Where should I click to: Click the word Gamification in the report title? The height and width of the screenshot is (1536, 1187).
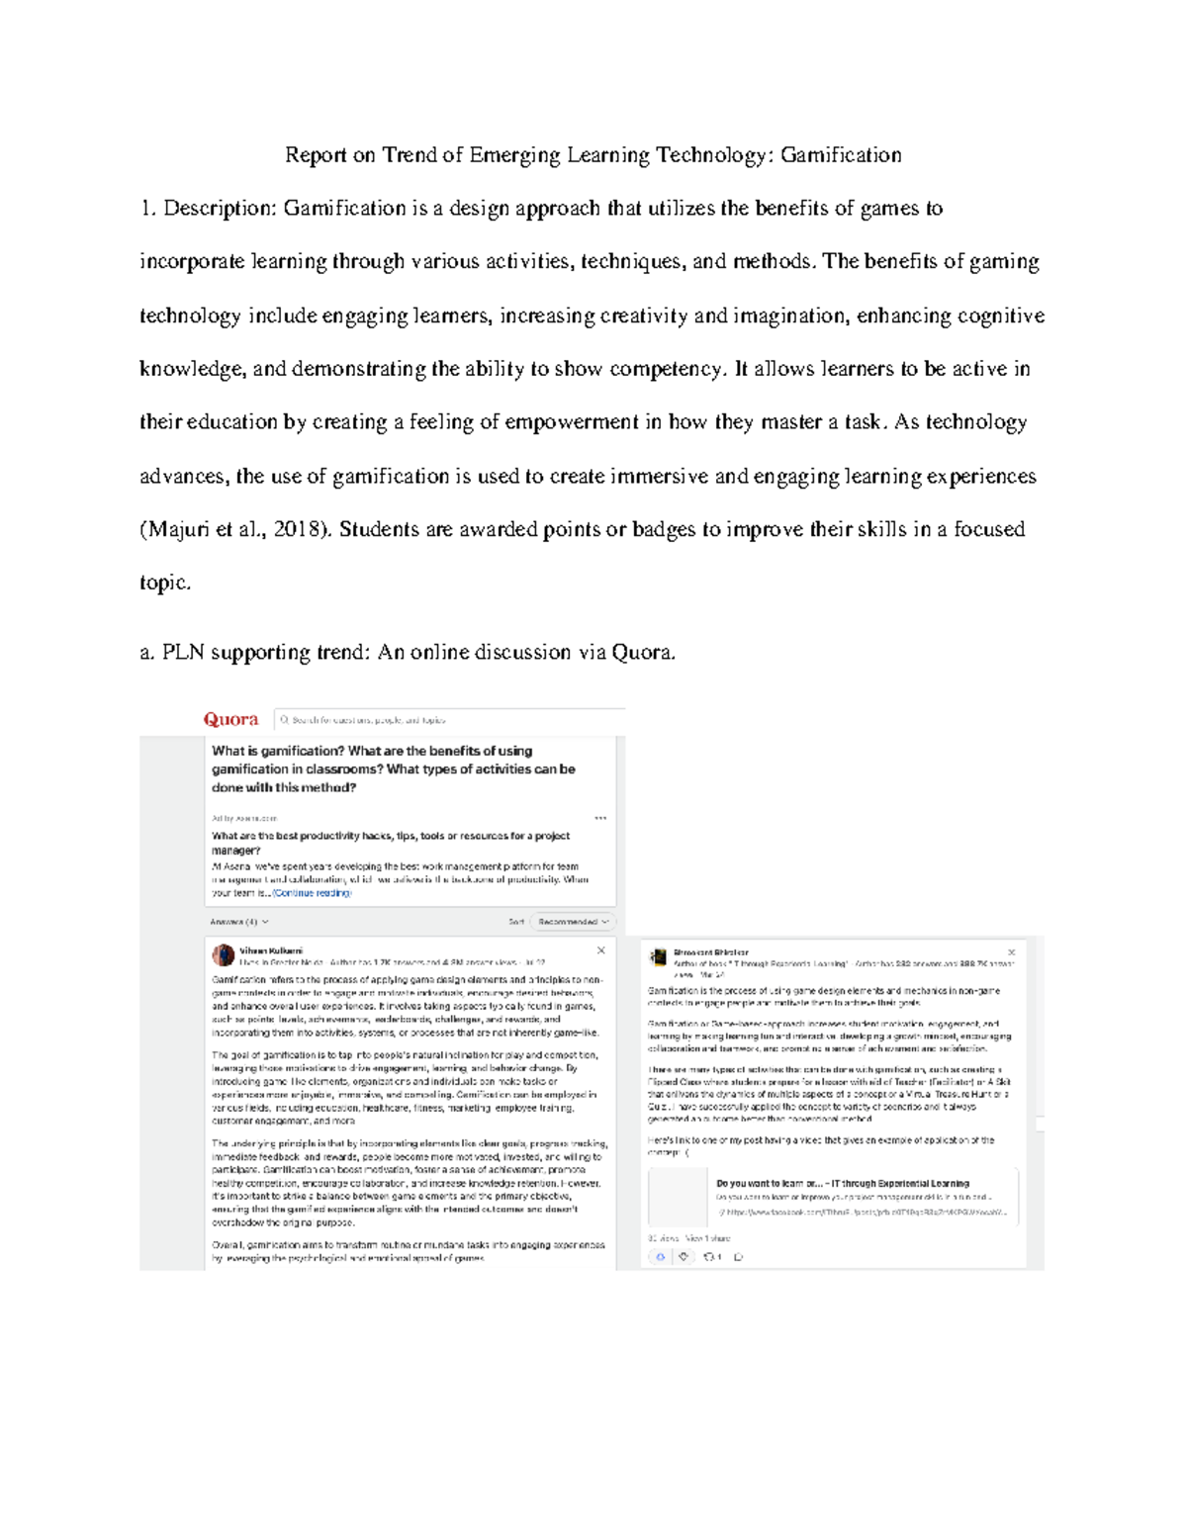[x=840, y=155]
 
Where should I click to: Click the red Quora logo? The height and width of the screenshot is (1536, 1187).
[x=230, y=719]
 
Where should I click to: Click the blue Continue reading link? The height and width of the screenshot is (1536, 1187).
[x=313, y=893]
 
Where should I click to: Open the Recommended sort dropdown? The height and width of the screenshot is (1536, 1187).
[x=571, y=922]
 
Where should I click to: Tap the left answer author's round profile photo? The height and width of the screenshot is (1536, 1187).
[x=224, y=955]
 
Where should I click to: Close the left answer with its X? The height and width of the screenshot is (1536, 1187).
[x=600, y=950]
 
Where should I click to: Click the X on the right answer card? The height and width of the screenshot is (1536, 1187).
[x=1011, y=952]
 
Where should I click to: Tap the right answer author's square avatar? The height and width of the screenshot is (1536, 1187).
[x=658, y=957]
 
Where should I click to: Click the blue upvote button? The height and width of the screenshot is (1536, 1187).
[x=660, y=1257]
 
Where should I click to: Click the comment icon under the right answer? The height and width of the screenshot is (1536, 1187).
[x=738, y=1257]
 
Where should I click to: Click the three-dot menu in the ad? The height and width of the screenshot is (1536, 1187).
[x=600, y=818]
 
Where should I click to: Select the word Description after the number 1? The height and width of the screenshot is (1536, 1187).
[x=217, y=209]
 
